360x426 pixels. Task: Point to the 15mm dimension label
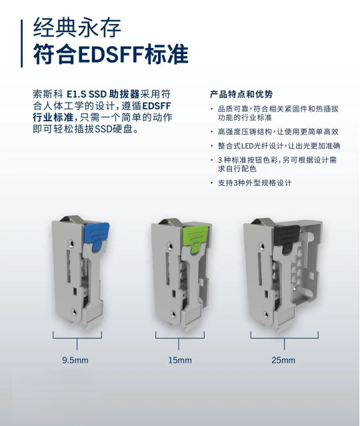point(180,360)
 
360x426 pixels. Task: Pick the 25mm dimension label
point(283,360)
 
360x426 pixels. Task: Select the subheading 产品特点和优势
point(241,94)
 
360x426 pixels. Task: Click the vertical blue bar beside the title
point(21,42)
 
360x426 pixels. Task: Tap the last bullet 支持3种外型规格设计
point(254,183)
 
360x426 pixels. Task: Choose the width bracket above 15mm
point(180,344)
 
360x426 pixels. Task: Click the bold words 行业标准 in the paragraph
point(52,117)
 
